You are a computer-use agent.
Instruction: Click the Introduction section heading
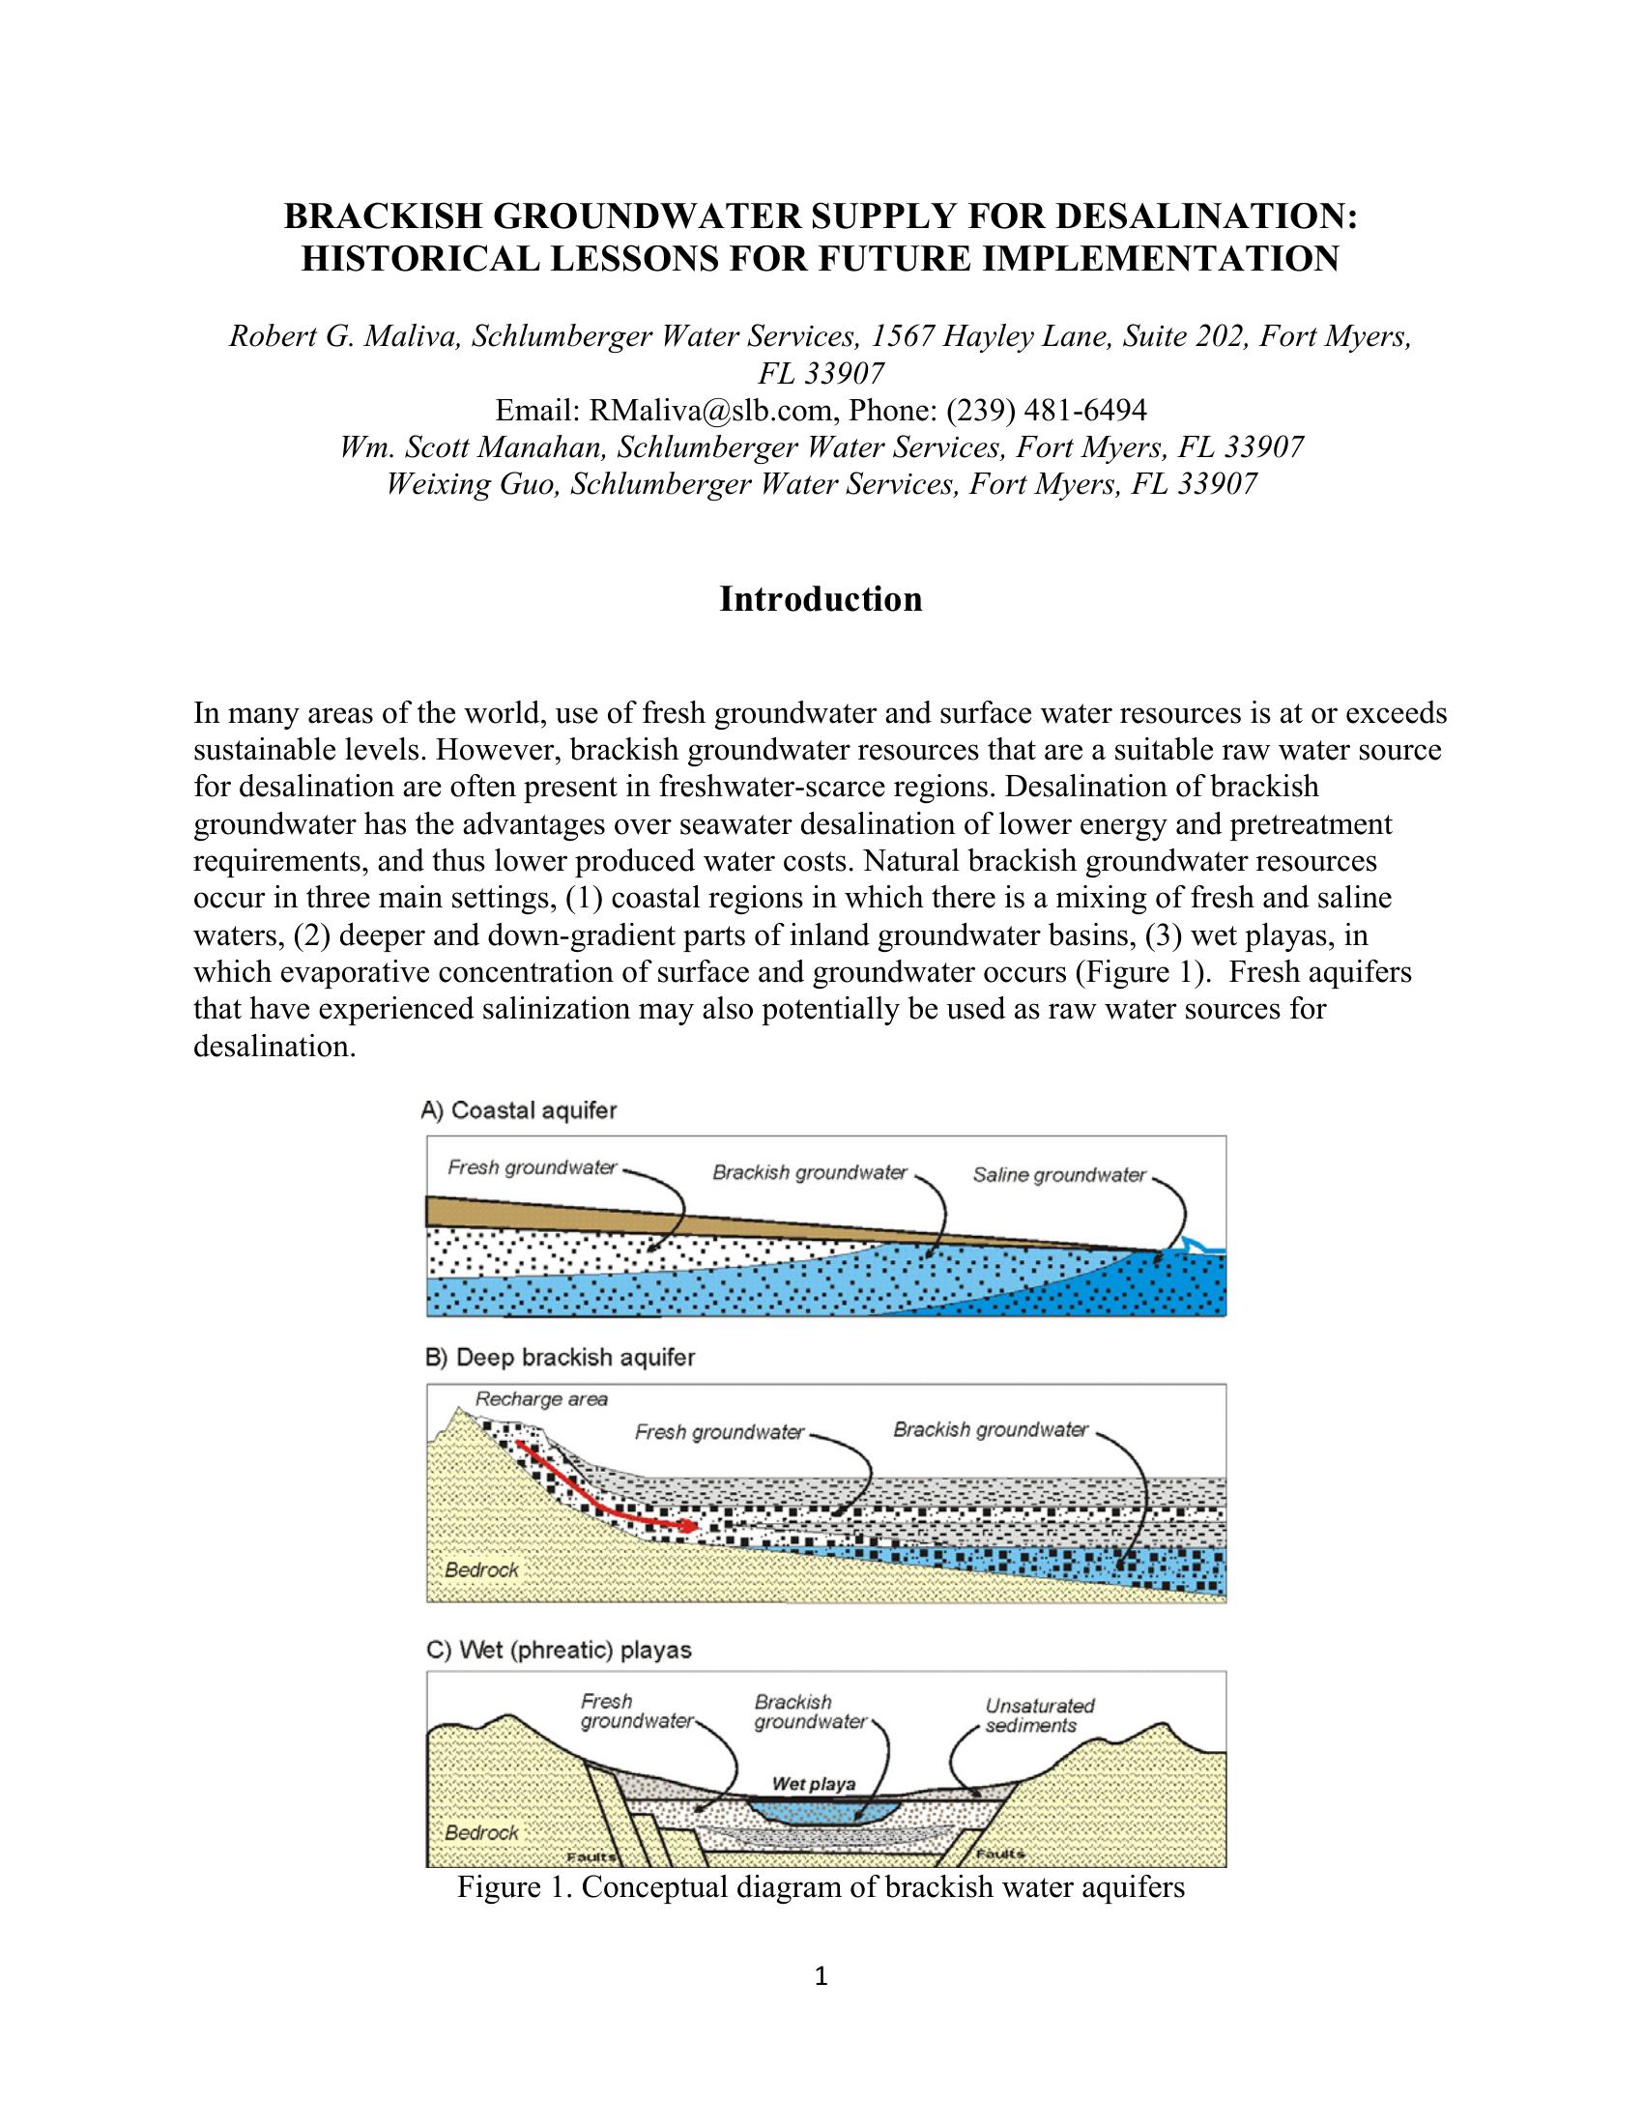click(821, 600)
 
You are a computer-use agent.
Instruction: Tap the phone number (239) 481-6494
click(1046, 410)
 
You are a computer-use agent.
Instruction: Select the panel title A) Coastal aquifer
click(519, 1109)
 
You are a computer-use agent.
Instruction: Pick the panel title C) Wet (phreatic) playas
click(559, 1650)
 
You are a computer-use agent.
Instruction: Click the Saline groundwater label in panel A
click(1059, 1175)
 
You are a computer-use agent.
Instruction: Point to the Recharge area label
click(541, 1400)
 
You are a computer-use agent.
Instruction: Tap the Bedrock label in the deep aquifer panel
click(482, 1569)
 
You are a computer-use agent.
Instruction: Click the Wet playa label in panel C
click(814, 1784)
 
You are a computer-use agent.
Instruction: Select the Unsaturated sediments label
click(1039, 1715)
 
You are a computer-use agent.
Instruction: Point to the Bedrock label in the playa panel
click(482, 1832)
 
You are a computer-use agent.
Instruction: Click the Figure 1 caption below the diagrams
click(821, 1887)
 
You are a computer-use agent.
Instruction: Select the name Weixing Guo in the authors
click(472, 484)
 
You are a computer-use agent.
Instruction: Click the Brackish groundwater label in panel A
click(810, 1173)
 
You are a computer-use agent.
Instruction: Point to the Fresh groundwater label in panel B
click(719, 1432)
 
